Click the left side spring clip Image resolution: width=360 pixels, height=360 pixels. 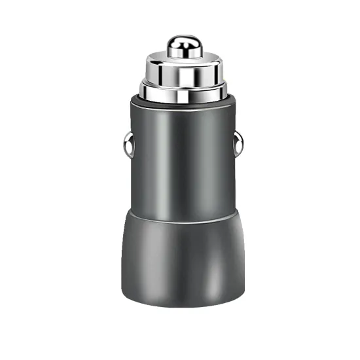coord(128,145)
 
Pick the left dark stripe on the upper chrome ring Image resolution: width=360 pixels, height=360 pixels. coord(159,72)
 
